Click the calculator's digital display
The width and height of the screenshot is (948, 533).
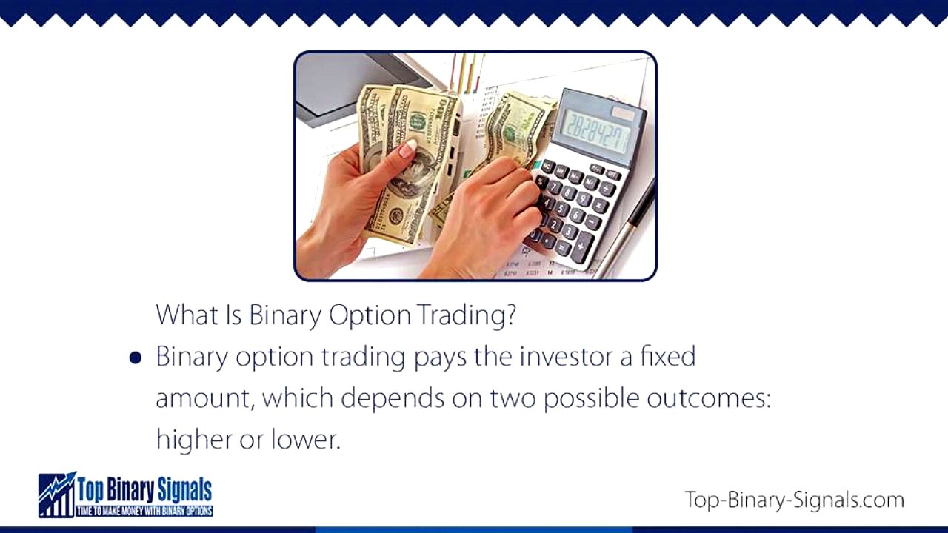(x=597, y=130)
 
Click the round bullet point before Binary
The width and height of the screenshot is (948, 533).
(x=135, y=358)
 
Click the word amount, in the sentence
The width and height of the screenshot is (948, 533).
(x=204, y=399)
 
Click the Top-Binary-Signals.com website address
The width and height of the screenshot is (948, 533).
(x=794, y=500)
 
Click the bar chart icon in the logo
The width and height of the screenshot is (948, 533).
(x=57, y=495)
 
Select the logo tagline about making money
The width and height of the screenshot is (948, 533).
(x=144, y=511)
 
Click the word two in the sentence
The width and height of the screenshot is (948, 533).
(x=513, y=398)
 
